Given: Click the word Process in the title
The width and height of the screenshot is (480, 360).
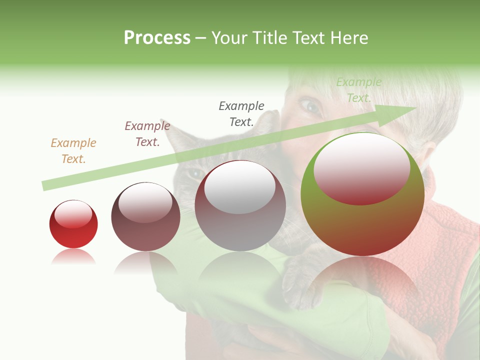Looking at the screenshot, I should [157, 38].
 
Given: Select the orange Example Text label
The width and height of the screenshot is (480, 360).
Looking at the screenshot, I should [73, 151].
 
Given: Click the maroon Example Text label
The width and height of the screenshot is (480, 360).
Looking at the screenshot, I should [147, 134].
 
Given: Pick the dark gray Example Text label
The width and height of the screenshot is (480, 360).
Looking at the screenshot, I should [241, 113].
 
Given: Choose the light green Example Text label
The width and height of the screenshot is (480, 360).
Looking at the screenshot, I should [358, 90].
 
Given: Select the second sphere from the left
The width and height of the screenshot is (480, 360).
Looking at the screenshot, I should [145, 220].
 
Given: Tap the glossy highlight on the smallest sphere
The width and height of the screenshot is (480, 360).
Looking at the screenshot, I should [73, 214].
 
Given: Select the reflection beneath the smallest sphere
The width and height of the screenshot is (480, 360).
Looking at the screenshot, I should [73, 257].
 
